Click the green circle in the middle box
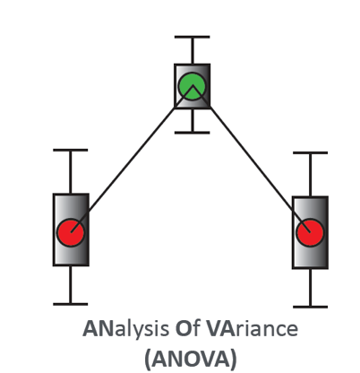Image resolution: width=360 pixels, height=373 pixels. (x=192, y=86)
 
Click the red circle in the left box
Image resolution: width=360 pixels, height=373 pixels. (x=71, y=232)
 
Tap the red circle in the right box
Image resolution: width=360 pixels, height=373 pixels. (x=310, y=232)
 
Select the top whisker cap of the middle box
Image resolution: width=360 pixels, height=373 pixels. (x=193, y=37)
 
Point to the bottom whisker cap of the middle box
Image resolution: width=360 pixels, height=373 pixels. (x=193, y=133)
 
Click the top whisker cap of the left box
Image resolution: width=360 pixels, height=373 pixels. (x=71, y=150)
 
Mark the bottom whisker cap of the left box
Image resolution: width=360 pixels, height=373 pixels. (x=71, y=304)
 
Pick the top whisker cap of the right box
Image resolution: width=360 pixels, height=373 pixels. (x=311, y=152)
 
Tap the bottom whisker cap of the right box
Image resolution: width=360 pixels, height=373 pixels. (x=311, y=307)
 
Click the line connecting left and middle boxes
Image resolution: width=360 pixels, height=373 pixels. (x=132, y=159)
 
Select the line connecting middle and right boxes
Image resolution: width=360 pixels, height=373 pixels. (x=252, y=159)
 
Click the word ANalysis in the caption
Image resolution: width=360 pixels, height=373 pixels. (x=125, y=329)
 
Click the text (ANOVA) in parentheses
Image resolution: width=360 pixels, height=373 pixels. (x=191, y=358)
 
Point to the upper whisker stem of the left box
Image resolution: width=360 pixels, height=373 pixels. (x=71, y=172)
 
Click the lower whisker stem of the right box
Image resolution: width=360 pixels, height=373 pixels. (x=311, y=287)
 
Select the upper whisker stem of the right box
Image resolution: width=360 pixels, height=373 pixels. (x=311, y=175)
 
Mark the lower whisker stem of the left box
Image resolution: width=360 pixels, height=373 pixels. (x=71, y=284)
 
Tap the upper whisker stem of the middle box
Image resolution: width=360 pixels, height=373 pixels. (x=193, y=51)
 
